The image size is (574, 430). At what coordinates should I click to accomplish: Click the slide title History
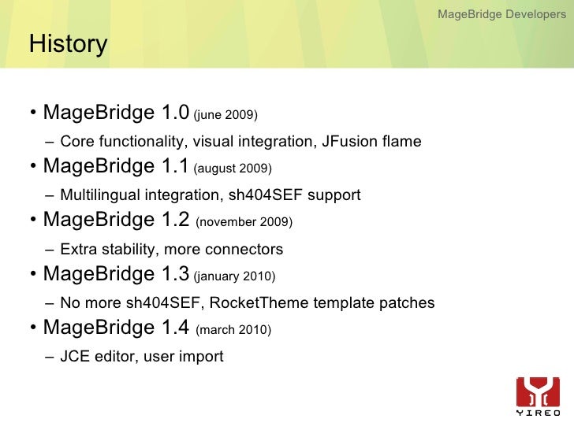[68, 44]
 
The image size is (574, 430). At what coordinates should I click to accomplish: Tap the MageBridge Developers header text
[501, 14]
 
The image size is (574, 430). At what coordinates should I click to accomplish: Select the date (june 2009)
[225, 116]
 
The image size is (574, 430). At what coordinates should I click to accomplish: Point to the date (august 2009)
[233, 169]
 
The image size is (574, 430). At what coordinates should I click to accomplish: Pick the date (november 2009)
[244, 223]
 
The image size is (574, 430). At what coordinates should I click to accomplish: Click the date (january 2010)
[234, 276]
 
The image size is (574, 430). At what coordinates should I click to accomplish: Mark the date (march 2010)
[233, 330]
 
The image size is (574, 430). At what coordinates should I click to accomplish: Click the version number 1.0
[174, 113]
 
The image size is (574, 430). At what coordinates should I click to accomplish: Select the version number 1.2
[174, 220]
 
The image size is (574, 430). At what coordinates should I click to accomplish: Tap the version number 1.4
[174, 327]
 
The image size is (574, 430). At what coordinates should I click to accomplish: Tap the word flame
[402, 142]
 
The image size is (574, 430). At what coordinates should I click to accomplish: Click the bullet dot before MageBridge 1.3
[34, 276]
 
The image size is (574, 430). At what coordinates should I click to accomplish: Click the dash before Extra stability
[50, 250]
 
